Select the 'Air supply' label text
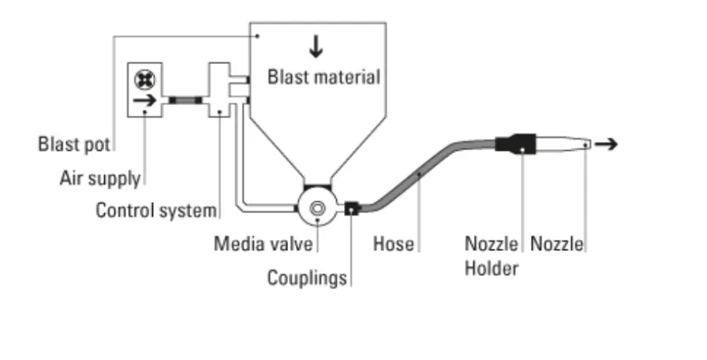click(x=99, y=178)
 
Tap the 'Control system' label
click(x=155, y=211)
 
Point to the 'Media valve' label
click(x=263, y=243)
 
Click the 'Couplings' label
click(x=306, y=278)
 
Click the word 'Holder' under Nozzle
click(x=491, y=268)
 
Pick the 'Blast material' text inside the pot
click(x=324, y=77)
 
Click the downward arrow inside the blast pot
click(x=316, y=47)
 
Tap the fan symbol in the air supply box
click(x=144, y=79)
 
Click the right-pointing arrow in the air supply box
click(x=144, y=101)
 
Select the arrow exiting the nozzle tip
click(x=607, y=144)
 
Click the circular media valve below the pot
click(x=318, y=208)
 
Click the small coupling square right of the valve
click(x=352, y=208)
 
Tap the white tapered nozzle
click(x=564, y=144)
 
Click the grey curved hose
click(x=418, y=174)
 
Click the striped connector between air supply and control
click(x=185, y=100)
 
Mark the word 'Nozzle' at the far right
click(x=557, y=243)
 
